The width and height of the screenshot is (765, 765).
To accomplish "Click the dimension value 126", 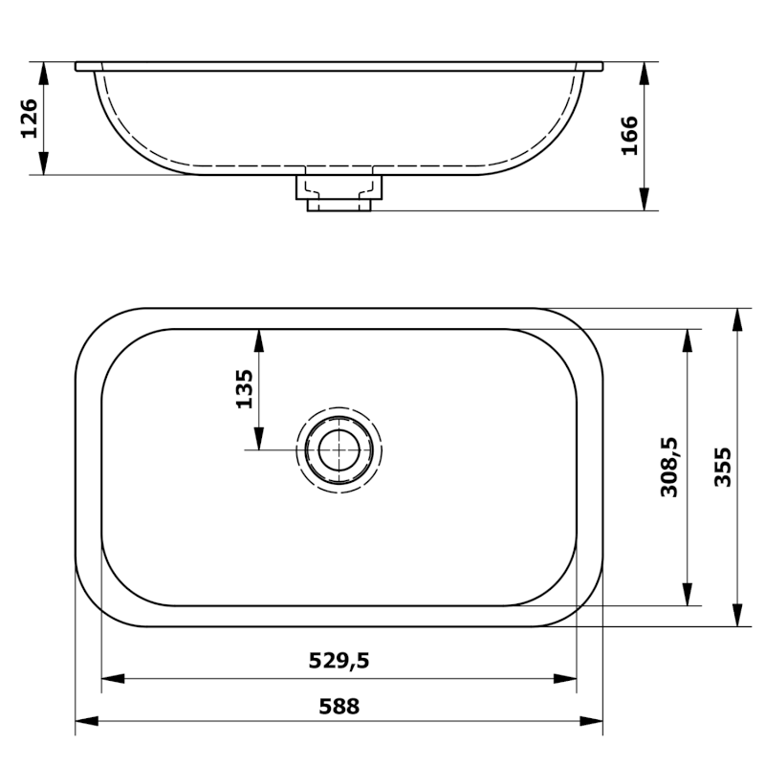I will tap(30, 119).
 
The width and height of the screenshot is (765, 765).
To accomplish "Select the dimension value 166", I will tap(628, 136).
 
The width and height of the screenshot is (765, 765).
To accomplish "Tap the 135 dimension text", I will tap(244, 389).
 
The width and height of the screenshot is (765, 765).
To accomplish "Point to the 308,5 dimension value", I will tap(669, 467).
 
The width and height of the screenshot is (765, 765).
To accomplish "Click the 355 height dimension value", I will tap(723, 467).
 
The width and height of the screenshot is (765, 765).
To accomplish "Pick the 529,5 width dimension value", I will tap(339, 659).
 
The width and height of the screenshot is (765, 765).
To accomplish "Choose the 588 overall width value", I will tap(339, 707).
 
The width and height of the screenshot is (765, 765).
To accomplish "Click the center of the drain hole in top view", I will tap(339, 449).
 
